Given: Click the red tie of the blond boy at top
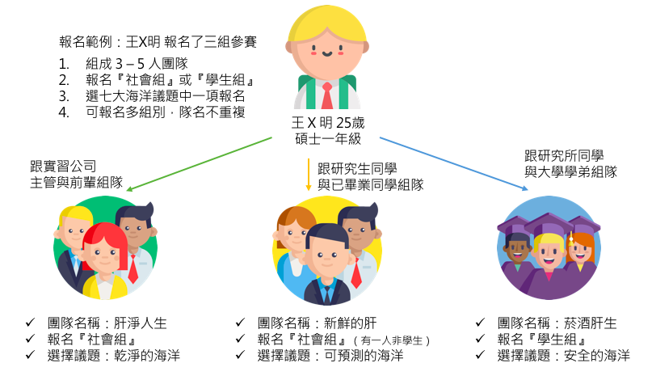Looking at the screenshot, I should coord(326,95).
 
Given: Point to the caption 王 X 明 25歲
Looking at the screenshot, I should coord(326,123).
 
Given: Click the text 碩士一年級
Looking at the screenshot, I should coord(326,140).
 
